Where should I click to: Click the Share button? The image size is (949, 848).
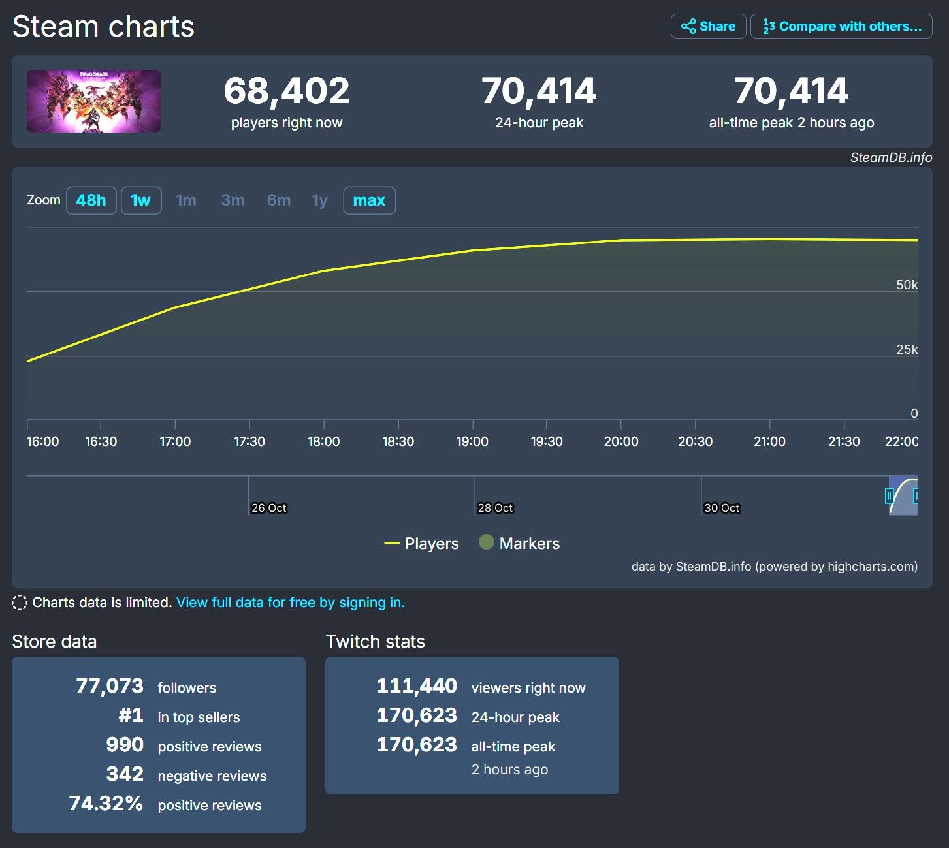(x=708, y=26)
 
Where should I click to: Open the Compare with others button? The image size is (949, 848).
(x=841, y=26)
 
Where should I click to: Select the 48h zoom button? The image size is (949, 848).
(x=91, y=200)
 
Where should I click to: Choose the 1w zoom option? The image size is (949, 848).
(x=141, y=200)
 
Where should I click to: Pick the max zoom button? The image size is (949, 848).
(x=369, y=200)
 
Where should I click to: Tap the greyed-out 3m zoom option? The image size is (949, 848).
(x=233, y=200)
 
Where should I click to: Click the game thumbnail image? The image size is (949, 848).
(x=93, y=101)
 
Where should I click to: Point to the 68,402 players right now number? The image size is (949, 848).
(x=286, y=91)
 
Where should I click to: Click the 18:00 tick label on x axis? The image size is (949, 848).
(x=324, y=441)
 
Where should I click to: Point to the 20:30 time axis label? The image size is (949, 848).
(x=695, y=441)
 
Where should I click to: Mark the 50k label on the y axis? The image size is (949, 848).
(x=907, y=285)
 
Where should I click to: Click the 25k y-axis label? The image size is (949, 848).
(x=907, y=349)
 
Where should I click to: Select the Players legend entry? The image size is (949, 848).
(x=422, y=543)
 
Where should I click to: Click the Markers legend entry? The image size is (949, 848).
(x=520, y=543)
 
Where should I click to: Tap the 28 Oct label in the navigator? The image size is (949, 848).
(x=495, y=508)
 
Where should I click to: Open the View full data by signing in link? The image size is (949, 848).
(x=291, y=602)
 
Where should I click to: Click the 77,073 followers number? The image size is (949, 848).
(x=110, y=686)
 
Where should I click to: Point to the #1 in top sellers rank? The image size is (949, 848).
(x=131, y=715)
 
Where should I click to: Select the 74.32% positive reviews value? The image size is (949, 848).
(x=106, y=804)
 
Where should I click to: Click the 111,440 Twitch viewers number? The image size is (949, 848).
(x=417, y=686)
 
